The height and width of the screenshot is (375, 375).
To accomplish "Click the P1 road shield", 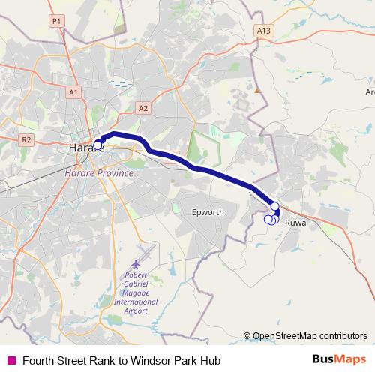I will (x=56, y=22).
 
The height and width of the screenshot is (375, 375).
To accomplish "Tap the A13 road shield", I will (x=262, y=31).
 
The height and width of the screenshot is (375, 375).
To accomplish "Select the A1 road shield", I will (x=73, y=91).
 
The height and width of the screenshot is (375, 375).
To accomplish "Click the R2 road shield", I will (x=26, y=139).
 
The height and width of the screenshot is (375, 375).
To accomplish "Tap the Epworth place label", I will (x=208, y=212).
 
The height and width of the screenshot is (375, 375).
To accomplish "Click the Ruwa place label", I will (x=296, y=223).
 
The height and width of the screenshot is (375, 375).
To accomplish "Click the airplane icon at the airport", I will (x=136, y=264).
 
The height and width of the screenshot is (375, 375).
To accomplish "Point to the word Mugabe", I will (x=136, y=292).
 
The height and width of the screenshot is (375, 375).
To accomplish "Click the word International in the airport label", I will (x=136, y=301).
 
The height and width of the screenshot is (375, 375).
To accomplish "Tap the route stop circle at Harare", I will (x=97, y=145).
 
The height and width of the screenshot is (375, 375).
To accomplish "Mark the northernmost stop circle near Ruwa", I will (x=274, y=206).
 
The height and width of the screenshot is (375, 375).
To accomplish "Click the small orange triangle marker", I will (x=256, y=90).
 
